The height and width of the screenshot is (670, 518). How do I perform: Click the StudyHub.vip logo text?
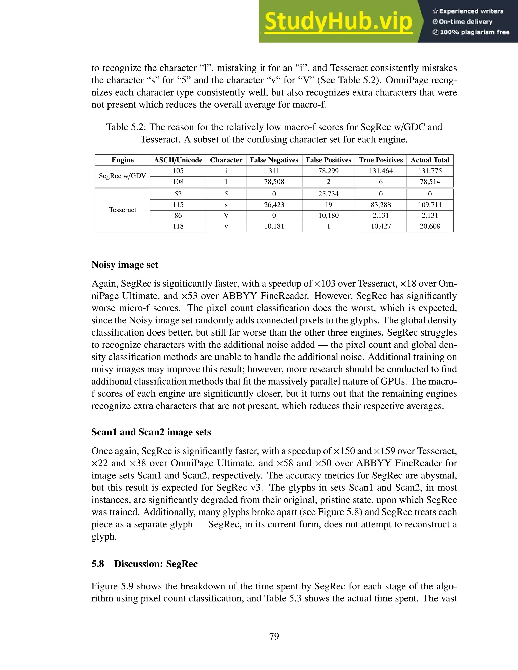coord(338,21)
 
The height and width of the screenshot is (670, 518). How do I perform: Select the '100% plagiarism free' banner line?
coord(471,32)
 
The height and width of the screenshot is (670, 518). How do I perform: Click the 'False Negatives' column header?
coord(274,160)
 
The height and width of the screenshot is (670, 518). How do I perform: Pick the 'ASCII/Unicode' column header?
coord(178,160)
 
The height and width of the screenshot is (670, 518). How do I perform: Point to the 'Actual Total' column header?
coord(430,160)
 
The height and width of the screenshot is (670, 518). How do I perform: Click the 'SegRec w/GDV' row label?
coord(122,176)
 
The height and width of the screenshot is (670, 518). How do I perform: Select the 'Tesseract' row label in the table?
coord(122,210)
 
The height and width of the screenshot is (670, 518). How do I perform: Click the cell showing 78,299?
coord(328,171)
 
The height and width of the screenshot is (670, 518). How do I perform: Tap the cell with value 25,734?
coord(328,194)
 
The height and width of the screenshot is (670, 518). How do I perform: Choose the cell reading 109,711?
coord(430,205)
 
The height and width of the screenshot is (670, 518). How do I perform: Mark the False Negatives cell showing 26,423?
coord(274,205)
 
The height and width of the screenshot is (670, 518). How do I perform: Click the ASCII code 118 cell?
coord(178,226)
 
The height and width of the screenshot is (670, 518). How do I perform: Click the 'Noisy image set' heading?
coord(125,265)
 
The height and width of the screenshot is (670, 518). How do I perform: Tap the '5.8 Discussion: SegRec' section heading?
coord(144,564)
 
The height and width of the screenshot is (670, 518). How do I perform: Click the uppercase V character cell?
coord(226,215)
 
